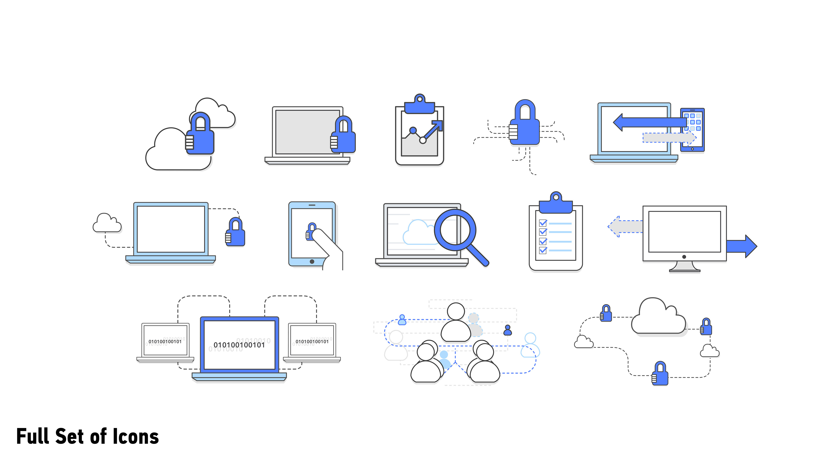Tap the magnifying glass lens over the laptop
[x=455, y=230]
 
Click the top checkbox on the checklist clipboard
[x=543, y=223]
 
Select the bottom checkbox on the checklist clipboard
[x=543, y=250]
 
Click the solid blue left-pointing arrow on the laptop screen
[x=649, y=122]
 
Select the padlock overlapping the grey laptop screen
[x=343, y=135]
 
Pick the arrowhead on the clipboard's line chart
[x=438, y=125]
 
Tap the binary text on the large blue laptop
[x=239, y=345]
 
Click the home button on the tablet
[x=312, y=261]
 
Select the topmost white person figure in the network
[x=456, y=322]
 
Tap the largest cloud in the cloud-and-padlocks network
[x=658, y=318]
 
